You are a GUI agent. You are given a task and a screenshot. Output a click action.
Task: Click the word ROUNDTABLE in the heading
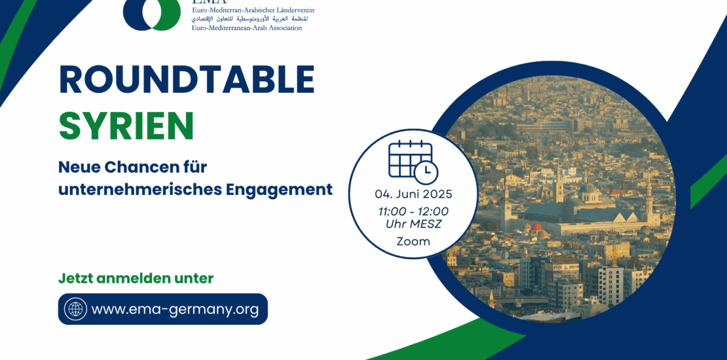pyautogui.click(x=187, y=80)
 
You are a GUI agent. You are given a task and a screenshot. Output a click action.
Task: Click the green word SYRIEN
pyautogui.click(x=126, y=126)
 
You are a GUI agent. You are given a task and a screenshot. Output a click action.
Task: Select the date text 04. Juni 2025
pyautogui.click(x=413, y=194)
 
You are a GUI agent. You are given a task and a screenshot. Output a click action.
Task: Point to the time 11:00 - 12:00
pyautogui.click(x=413, y=211)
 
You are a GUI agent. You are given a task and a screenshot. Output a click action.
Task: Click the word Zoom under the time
pyautogui.click(x=413, y=242)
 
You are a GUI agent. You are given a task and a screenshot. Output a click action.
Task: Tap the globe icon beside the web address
pyautogui.click(x=75, y=308)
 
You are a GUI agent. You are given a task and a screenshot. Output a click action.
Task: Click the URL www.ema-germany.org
pyautogui.click(x=175, y=309)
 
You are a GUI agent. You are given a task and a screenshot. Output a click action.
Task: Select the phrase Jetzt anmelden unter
pyautogui.click(x=136, y=278)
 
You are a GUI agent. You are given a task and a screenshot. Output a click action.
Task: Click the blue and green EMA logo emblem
pyautogui.click(x=151, y=14)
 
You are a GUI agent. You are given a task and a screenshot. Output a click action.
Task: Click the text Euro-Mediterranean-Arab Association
pyautogui.click(x=247, y=27)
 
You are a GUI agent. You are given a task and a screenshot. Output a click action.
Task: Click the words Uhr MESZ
pyautogui.click(x=413, y=225)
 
